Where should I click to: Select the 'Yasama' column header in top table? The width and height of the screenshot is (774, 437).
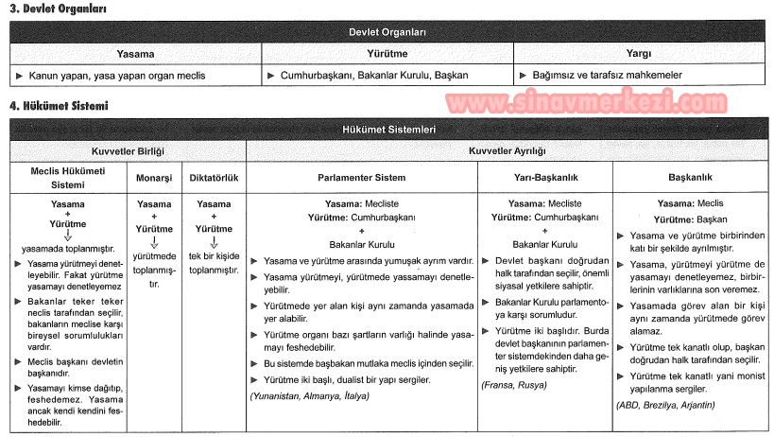[x=135, y=54]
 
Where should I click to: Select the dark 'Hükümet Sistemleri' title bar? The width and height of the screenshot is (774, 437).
[x=387, y=130]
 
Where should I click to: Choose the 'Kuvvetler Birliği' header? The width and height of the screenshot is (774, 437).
[x=128, y=150]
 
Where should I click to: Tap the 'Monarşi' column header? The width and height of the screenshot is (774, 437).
[x=154, y=178]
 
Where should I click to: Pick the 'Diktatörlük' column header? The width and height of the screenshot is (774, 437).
[x=213, y=178]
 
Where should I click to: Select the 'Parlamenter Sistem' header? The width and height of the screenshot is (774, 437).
[x=361, y=178]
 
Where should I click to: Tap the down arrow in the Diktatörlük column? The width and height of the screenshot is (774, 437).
[x=214, y=241]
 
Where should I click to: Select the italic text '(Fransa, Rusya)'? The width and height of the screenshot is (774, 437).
[x=514, y=386]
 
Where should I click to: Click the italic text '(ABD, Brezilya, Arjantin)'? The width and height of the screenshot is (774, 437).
[x=665, y=404]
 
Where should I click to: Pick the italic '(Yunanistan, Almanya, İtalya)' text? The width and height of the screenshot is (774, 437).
[x=310, y=395]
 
